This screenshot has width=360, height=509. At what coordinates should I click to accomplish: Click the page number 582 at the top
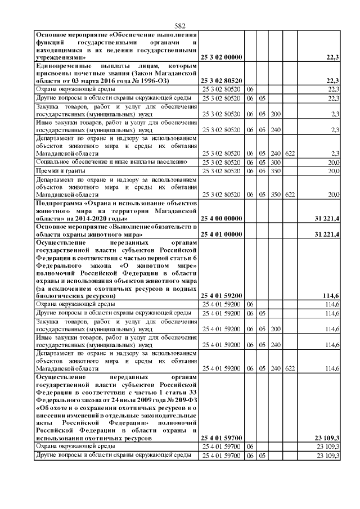click(180, 26)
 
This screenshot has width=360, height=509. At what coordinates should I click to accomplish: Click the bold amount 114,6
click(331, 295)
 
